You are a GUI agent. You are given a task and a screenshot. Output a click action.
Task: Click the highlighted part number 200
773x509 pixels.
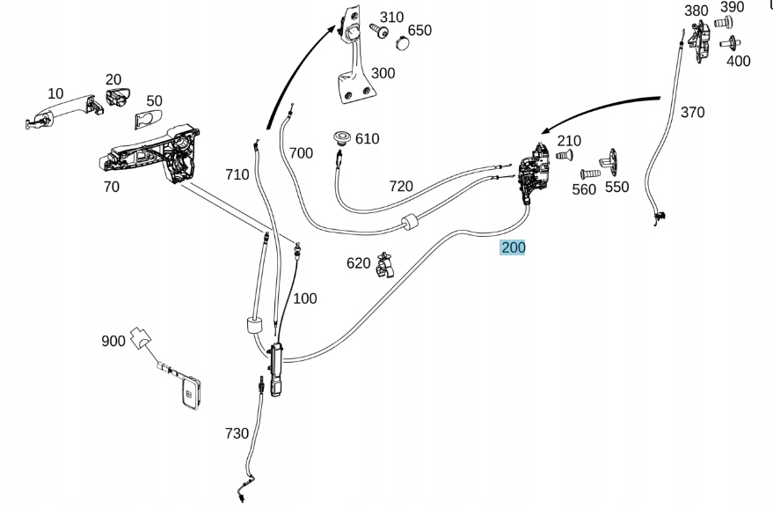click(513, 247)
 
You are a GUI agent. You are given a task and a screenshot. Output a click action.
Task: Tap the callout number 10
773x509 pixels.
click(55, 93)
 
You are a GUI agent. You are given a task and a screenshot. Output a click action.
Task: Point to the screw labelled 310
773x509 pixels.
click(380, 32)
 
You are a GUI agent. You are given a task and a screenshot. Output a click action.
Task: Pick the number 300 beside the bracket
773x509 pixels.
click(383, 73)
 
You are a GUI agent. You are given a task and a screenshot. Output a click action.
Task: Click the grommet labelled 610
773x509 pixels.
click(341, 138)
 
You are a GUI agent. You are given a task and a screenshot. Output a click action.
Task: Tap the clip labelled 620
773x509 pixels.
click(384, 263)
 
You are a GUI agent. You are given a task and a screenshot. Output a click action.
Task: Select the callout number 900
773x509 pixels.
click(113, 341)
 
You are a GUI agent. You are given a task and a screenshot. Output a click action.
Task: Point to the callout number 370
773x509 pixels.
click(692, 112)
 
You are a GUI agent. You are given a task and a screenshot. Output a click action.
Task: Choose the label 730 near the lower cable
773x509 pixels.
click(237, 433)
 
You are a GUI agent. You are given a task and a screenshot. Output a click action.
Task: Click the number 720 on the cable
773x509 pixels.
click(400, 186)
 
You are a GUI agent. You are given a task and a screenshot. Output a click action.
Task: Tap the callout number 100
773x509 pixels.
click(304, 299)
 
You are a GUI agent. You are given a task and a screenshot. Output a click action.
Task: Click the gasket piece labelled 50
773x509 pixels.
click(147, 120)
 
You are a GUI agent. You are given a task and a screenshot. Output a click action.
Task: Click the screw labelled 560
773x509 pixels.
click(588, 174)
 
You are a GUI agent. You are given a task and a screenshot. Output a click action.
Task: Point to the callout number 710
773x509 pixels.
click(237, 174)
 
